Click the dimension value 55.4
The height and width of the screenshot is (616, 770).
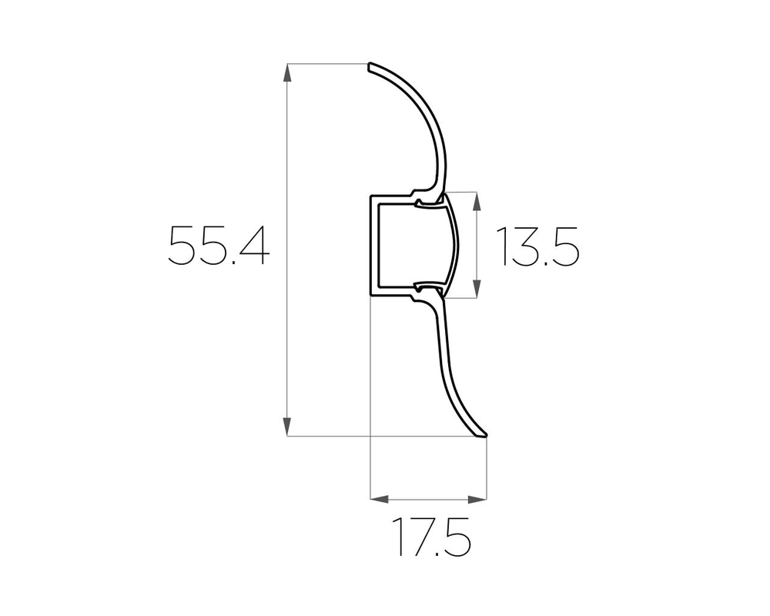[x=219, y=246]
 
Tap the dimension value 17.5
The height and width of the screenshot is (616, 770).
[x=431, y=537]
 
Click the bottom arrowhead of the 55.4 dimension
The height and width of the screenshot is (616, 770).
[x=287, y=427]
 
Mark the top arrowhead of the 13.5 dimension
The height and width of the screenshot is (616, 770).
[x=477, y=201]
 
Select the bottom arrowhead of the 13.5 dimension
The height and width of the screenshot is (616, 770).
[x=477, y=288]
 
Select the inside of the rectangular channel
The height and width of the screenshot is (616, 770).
[x=400, y=245]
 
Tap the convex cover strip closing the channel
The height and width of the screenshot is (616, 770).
[x=453, y=245]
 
